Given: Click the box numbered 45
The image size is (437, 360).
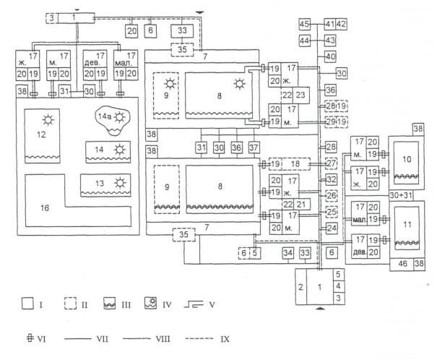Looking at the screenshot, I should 304,25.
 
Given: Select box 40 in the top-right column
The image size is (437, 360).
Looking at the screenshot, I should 331,57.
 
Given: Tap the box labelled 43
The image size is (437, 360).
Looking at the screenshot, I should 331,40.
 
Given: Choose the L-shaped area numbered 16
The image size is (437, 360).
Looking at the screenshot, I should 43,207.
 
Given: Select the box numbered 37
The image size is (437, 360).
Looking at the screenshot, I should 252,147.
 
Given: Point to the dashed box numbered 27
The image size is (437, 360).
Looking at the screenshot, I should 332,163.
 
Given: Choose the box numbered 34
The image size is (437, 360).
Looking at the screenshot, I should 287,253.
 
